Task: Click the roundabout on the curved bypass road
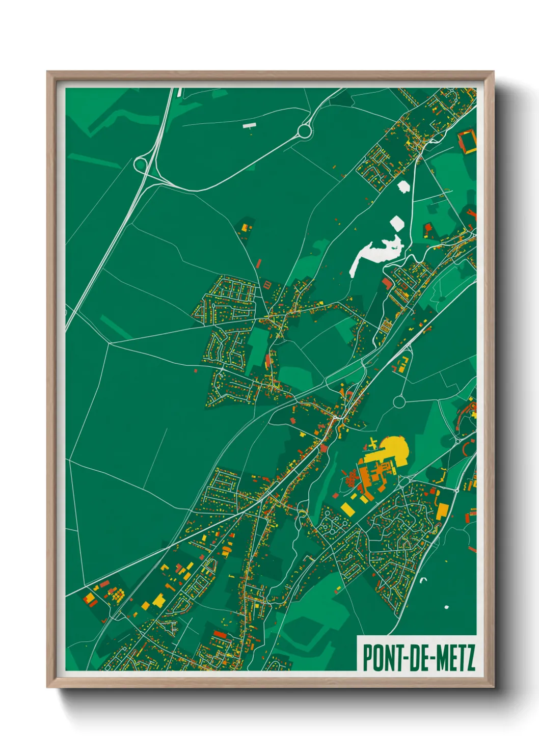point(305,131)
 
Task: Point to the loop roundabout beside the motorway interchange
point(141,164)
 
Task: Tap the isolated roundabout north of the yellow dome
point(399,402)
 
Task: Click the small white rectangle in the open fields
point(249,125)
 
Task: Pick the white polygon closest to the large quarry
point(397,224)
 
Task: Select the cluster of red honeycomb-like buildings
point(351,478)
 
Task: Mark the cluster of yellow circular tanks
point(118,594)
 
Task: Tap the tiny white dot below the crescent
point(446,607)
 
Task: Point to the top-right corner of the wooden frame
point(493,72)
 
